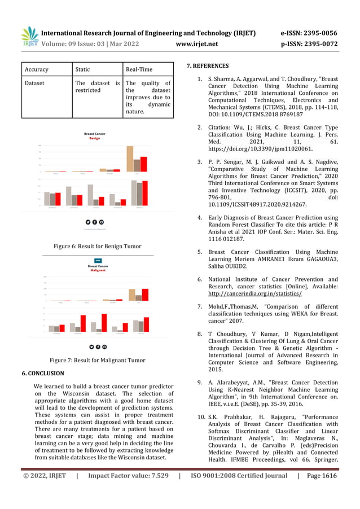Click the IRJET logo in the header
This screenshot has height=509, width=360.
coord(29,37)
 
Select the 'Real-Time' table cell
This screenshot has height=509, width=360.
coord(139,69)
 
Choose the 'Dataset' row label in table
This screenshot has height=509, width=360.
coord(34,83)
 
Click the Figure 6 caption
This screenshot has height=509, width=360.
coord(97,246)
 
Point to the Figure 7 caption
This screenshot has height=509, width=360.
coord(97,360)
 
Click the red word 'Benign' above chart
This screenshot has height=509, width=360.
coord(95,138)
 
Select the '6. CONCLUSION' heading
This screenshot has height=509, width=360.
coord(43,374)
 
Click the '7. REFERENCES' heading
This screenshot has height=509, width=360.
coord(208,66)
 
